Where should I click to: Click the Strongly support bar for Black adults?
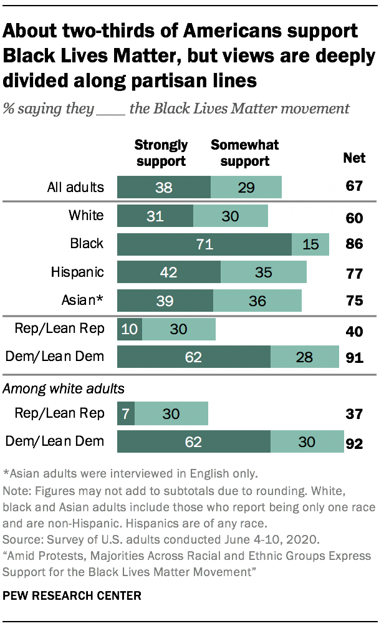point(204,244)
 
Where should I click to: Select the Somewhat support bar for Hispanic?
point(263,272)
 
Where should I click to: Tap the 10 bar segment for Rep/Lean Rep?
point(130,329)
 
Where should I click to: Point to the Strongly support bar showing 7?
point(126,413)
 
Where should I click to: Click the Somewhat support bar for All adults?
point(246,187)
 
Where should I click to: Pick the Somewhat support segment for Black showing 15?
point(310,244)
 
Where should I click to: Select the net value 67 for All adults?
point(355,187)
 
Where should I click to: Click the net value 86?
point(355,244)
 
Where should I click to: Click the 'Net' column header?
point(355,158)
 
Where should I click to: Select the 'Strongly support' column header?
point(161,153)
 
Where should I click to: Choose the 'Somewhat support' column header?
point(244,153)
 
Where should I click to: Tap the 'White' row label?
point(86,216)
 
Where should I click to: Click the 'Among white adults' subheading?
point(64,388)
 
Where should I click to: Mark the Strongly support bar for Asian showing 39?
point(165,301)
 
